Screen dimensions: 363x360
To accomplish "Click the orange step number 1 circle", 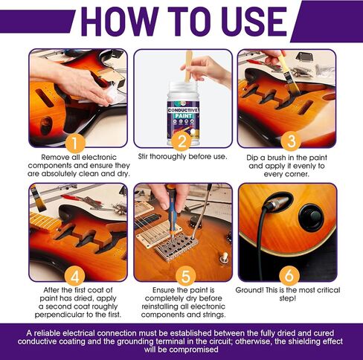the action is click(75, 143).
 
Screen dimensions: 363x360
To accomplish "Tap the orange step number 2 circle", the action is click(181, 141).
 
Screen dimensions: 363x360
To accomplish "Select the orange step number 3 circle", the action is click(292, 141).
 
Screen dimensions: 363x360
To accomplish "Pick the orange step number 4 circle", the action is click(75, 276).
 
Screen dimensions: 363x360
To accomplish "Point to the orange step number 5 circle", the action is click(185, 276).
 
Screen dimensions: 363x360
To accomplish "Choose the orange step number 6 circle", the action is click(289, 276).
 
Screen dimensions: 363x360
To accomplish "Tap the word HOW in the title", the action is click(120, 22).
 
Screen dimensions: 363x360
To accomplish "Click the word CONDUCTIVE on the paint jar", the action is click(183, 110).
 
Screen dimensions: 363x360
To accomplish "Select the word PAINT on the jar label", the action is click(183, 116).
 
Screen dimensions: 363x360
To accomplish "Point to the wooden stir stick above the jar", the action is click(188, 66).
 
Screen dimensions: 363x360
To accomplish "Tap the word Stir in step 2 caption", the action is click(143, 157).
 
